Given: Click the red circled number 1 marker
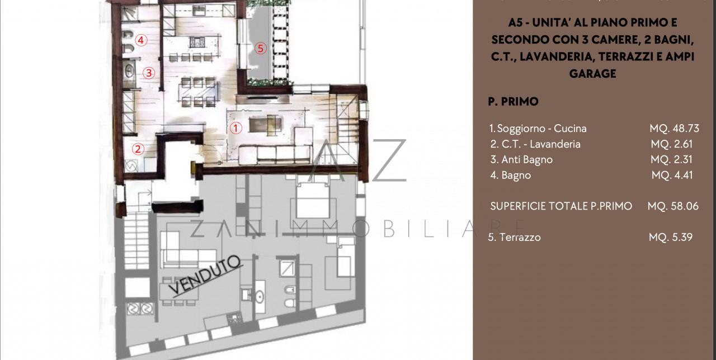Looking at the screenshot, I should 236,127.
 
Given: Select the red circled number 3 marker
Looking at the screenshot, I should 148,72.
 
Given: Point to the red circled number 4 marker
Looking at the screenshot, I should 141,40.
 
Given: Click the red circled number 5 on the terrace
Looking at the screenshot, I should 260,48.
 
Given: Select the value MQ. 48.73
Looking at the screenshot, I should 674,128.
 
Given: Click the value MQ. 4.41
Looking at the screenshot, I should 672,175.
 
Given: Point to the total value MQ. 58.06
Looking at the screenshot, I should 673,206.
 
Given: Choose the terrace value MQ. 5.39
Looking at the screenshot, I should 671,237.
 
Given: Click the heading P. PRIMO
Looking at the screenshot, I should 513,102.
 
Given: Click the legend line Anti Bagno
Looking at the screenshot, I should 521,159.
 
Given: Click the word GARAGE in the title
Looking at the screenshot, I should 592,73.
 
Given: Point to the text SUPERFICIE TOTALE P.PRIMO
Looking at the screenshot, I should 561,206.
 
